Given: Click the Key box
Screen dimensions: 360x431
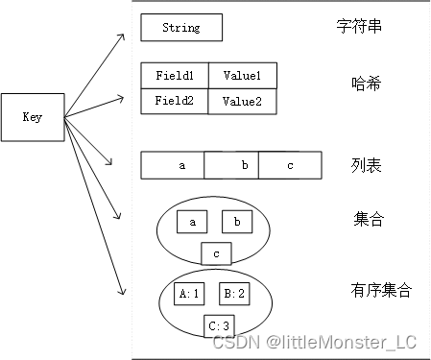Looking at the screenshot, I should click(x=32, y=117).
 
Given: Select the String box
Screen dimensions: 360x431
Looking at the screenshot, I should click(x=181, y=28).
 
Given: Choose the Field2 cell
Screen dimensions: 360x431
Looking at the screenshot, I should click(x=174, y=101).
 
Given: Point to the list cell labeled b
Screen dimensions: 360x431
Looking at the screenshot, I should click(x=244, y=165).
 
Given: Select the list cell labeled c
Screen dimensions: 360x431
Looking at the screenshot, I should click(x=290, y=165).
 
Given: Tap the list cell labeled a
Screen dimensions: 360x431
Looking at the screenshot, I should click(x=182, y=165).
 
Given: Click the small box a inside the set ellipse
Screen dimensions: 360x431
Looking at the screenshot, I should click(x=192, y=223).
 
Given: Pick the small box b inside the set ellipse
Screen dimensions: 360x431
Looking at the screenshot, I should click(x=236, y=223).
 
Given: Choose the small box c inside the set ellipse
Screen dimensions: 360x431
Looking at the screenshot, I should click(x=216, y=253).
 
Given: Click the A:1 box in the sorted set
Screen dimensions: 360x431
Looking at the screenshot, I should click(x=189, y=294).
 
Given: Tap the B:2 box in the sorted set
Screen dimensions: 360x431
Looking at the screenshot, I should click(x=234, y=294).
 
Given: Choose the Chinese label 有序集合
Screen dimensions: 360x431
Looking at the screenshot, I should click(x=382, y=289).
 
